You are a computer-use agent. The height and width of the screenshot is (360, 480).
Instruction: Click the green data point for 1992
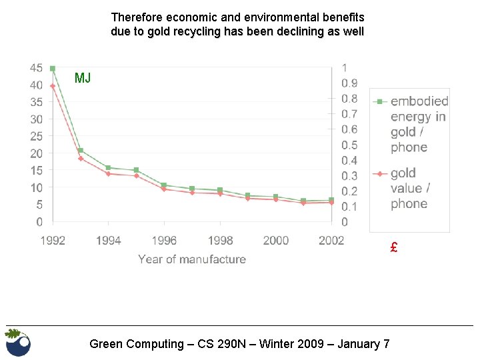point(53,69)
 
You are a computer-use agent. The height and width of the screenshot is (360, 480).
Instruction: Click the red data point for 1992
point(53,86)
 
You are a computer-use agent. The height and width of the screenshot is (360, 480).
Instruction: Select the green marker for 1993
point(81,151)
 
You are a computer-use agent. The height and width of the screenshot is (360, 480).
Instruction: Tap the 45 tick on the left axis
point(37,68)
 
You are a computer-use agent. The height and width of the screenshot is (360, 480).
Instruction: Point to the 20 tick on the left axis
point(37,153)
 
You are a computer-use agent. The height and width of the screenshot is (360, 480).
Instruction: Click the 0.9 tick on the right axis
point(349,83)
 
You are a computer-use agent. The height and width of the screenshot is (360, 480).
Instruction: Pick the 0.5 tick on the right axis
point(349,145)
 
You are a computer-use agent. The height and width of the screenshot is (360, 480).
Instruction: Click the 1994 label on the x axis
point(109,241)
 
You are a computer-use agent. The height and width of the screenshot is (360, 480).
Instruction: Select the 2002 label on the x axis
point(331,241)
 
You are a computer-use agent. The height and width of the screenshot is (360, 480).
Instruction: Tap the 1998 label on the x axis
point(220,241)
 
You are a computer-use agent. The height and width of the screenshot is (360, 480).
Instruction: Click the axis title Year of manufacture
point(192,259)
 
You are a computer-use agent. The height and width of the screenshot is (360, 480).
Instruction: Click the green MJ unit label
point(83,79)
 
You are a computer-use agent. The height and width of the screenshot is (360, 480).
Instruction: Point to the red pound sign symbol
point(394,248)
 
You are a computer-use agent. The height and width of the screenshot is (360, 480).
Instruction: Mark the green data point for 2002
point(331,200)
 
